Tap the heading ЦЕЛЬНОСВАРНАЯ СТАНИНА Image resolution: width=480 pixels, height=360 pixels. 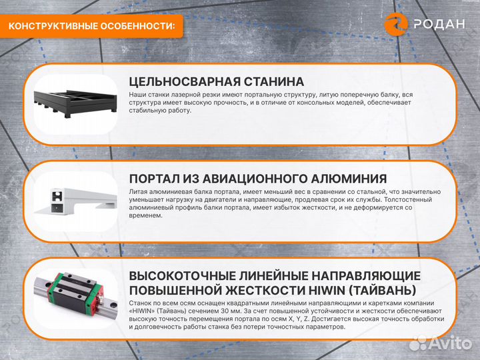tap(216, 82)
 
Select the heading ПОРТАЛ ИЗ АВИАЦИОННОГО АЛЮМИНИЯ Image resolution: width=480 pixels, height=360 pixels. tap(257, 179)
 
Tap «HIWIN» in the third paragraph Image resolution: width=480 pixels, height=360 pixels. tap(146, 310)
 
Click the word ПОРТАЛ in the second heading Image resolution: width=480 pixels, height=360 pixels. tap(153, 179)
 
